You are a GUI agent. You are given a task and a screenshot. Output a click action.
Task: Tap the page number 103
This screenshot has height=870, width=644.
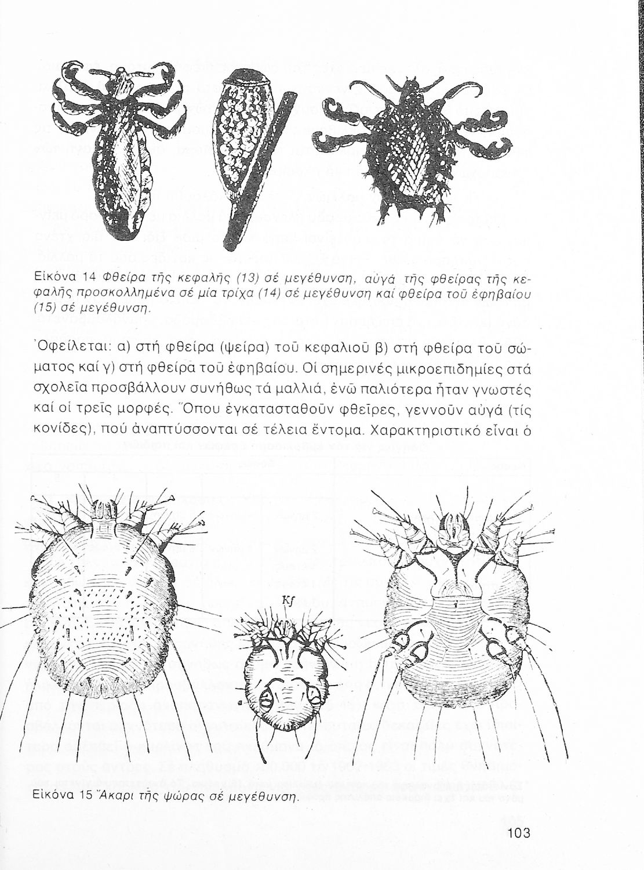tap(518, 833)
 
